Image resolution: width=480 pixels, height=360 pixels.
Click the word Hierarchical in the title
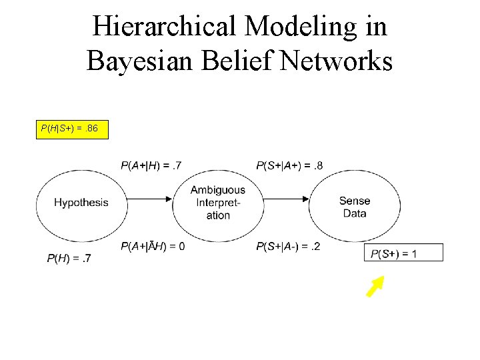point(164,27)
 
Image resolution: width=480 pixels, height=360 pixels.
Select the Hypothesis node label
point(81,203)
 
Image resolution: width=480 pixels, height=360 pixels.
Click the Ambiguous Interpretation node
point(218,203)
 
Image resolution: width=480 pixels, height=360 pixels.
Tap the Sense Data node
point(355,207)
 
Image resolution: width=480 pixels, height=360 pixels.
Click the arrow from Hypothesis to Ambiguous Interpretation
point(150,197)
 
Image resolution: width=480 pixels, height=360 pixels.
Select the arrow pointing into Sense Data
point(287,197)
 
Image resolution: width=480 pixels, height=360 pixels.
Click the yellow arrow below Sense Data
point(375,287)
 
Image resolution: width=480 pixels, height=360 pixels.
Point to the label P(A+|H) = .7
point(151,165)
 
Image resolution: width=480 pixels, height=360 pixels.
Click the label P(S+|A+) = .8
point(289,165)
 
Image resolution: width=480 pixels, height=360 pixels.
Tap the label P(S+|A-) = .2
point(287,247)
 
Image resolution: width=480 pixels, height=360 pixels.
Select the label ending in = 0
point(153,247)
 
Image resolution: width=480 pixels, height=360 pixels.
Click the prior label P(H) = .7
point(69,259)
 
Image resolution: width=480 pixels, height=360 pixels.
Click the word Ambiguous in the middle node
point(218,191)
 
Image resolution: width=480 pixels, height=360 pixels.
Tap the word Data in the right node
point(355,213)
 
